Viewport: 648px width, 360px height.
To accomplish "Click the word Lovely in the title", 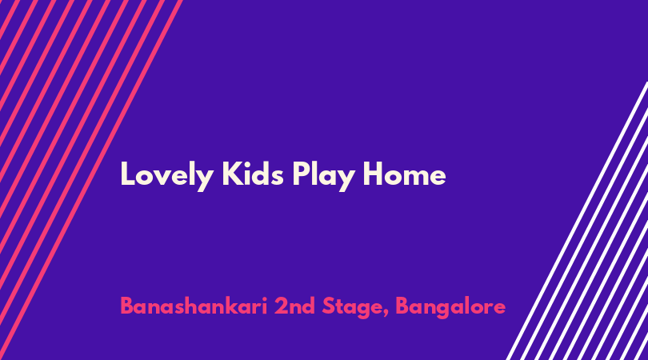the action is coord(167,176).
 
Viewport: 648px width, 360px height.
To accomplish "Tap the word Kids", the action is coord(253,174).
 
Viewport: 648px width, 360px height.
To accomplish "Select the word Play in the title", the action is coord(323,176).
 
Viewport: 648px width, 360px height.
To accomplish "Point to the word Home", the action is coord(404,174).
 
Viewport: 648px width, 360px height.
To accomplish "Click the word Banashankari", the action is coord(194,306).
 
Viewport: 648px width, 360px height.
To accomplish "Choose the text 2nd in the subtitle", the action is coord(294,306).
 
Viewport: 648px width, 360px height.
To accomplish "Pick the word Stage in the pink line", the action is coord(352,308).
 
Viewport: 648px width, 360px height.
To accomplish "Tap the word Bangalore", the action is coord(450,308).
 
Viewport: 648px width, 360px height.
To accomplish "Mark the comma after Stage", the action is coord(386,314).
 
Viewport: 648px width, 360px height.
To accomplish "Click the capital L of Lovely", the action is coord(127,174).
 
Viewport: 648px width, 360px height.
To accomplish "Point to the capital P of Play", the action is coord(301,174).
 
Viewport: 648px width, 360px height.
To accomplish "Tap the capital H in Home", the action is coord(374,174).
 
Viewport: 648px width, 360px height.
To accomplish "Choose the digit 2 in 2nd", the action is coord(281,306).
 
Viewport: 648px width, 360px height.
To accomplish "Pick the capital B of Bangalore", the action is coord(403,306).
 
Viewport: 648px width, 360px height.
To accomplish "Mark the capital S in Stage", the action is coord(329,306).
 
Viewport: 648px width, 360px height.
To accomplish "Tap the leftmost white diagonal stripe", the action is coord(578,221).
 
